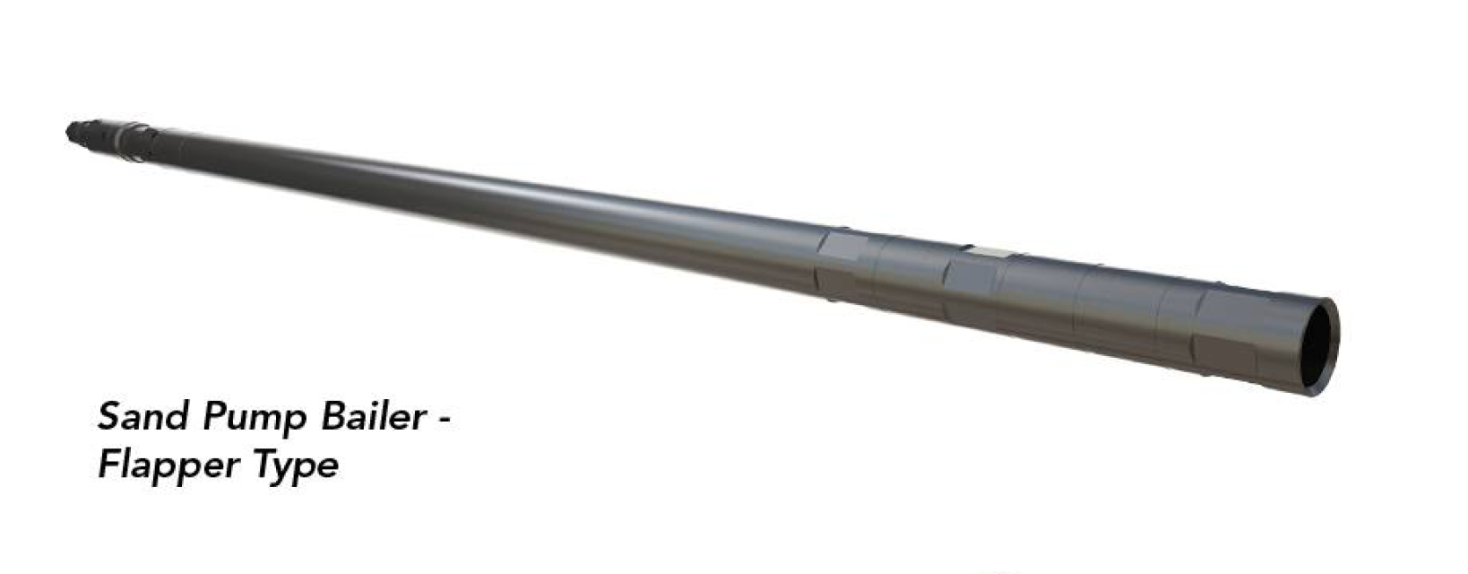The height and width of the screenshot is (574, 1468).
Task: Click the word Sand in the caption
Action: [x=143, y=417]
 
